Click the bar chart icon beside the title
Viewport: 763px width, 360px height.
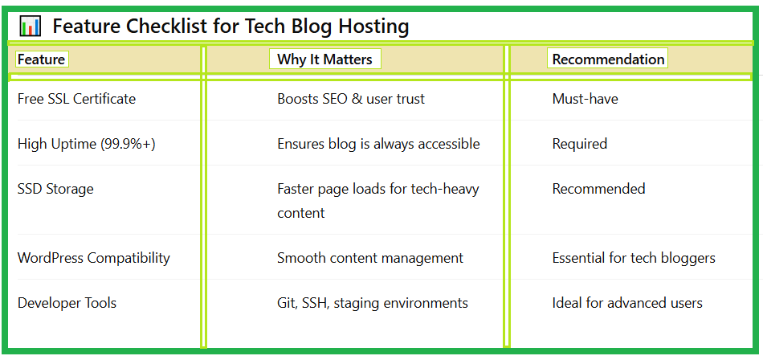click(30, 27)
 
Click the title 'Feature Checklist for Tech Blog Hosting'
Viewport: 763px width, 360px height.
click(231, 27)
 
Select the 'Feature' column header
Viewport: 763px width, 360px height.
click(41, 59)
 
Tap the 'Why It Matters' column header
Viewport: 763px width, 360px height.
click(324, 59)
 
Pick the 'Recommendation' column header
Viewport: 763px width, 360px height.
click(608, 59)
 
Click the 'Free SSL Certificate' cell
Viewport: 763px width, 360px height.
click(76, 99)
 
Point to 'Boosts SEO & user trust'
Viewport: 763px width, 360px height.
click(351, 99)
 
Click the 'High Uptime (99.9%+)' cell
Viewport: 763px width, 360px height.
click(87, 144)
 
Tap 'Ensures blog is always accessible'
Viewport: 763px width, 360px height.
click(378, 144)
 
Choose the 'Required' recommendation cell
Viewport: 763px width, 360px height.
click(579, 144)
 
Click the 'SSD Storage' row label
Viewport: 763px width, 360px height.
click(55, 189)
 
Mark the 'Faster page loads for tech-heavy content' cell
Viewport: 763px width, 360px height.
click(377, 200)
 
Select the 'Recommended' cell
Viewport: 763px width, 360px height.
click(598, 189)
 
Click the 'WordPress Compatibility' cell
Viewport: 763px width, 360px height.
click(94, 258)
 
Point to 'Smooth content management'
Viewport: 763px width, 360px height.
click(370, 258)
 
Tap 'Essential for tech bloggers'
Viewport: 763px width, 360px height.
click(634, 258)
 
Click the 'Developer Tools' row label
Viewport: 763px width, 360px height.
click(67, 303)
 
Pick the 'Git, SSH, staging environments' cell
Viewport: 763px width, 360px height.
click(373, 303)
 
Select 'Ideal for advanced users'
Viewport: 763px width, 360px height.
click(627, 303)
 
